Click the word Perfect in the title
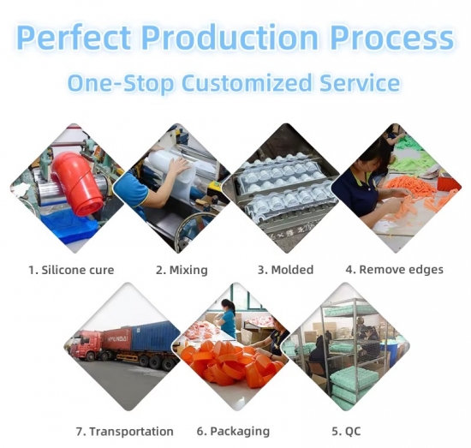click(x=74, y=37)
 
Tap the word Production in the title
click(x=230, y=37)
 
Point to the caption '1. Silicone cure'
click(x=71, y=270)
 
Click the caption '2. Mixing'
click(x=182, y=270)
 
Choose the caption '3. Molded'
click(x=285, y=270)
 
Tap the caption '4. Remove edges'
click(x=395, y=270)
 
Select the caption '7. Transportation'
click(x=125, y=432)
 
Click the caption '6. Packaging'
click(x=234, y=432)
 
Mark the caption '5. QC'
click(x=346, y=432)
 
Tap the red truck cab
click(x=88, y=345)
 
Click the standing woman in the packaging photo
click(x=228, y=318)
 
